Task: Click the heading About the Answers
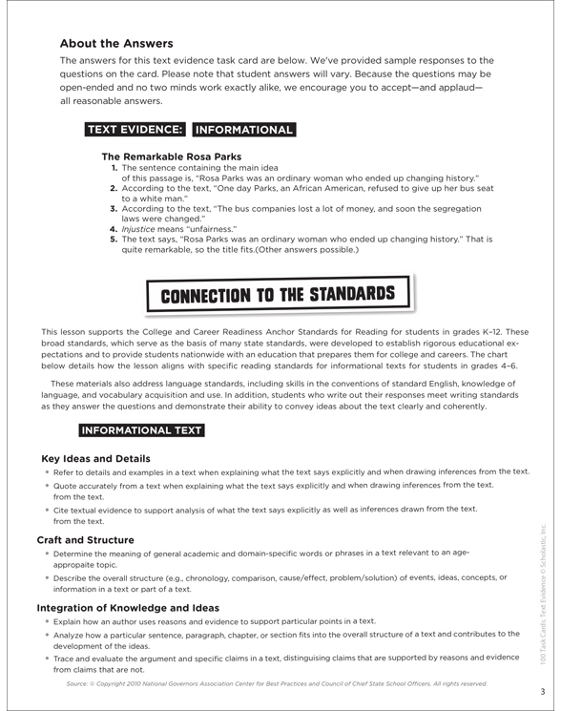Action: [x=116, y=43]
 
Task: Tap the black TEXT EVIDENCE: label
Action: [x=135, y=130]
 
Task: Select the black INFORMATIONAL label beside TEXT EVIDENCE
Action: [x=243, y=130]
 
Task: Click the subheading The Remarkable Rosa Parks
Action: [x=171, y=157]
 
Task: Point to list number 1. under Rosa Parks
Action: [x=114, y=168]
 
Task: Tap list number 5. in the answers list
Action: [x=114, y=240]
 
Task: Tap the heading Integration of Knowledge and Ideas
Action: [x=128, y=607]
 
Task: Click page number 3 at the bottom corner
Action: [x=541, y=691]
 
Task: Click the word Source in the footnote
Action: [x=80, y=683]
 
